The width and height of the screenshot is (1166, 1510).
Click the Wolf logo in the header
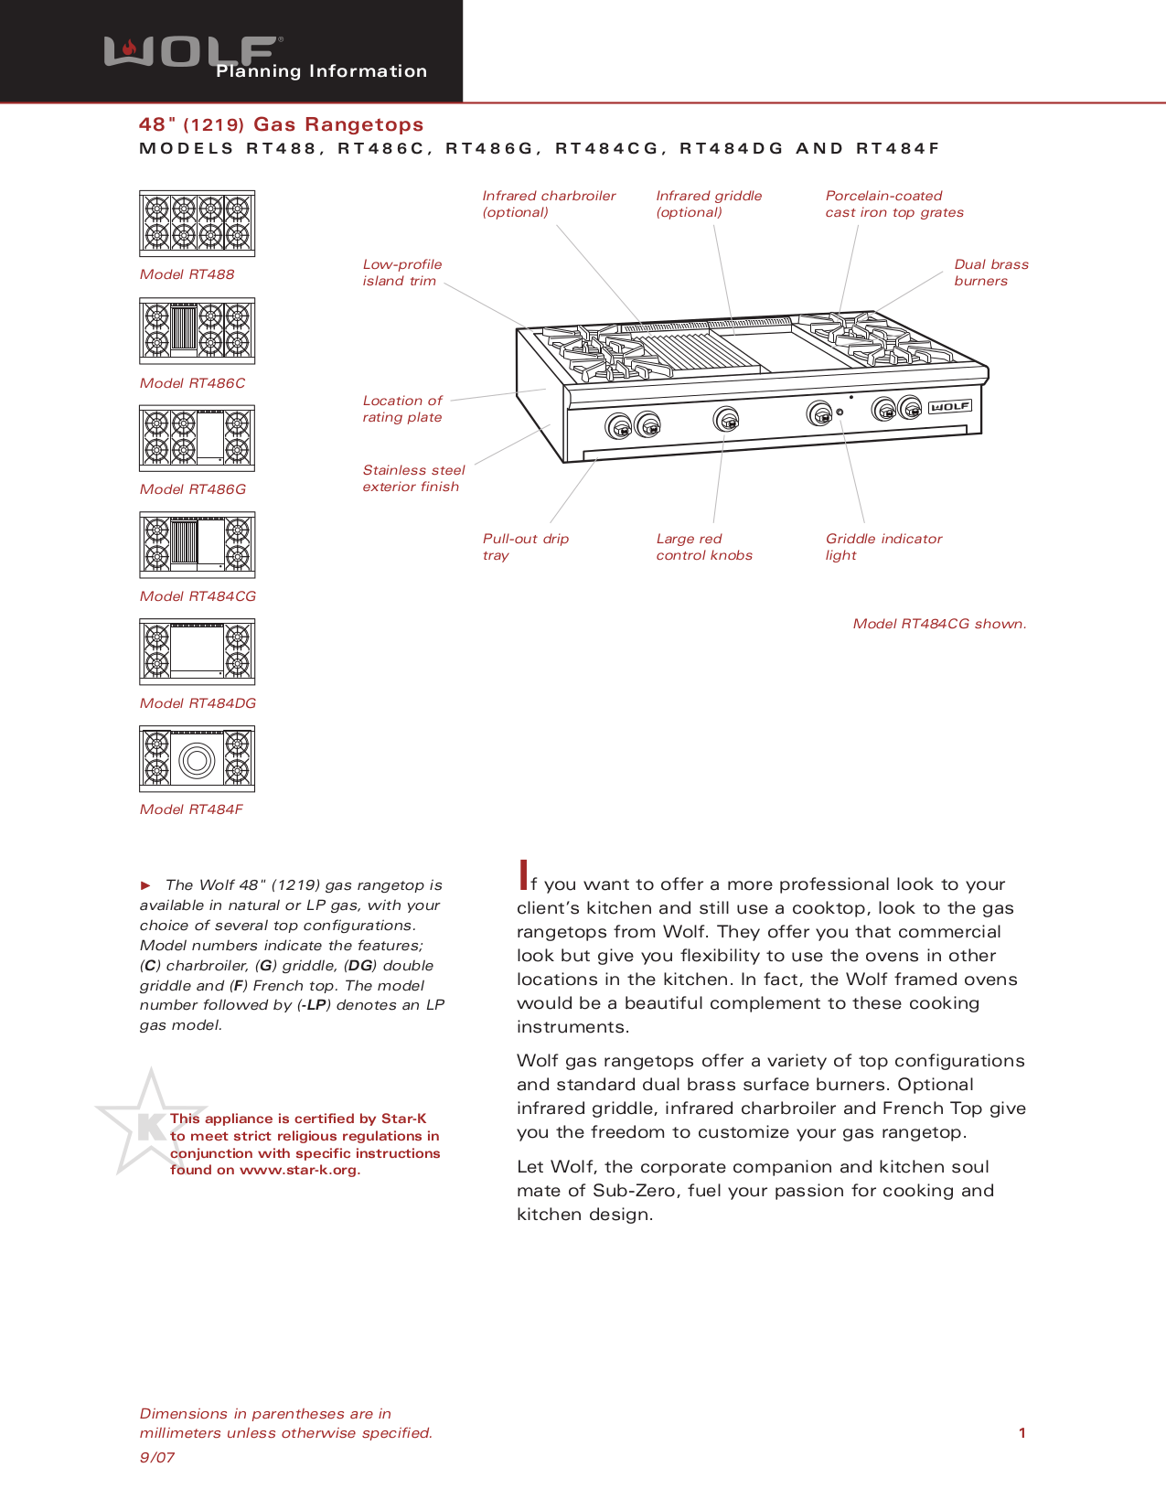192,52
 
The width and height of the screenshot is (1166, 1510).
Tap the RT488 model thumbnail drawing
197,222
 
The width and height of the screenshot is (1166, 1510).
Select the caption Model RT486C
192,383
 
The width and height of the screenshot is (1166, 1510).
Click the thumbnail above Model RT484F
197,758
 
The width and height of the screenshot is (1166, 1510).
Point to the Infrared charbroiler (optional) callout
549,204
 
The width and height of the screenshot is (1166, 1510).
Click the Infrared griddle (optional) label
709,204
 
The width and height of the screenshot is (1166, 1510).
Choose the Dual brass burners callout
990,273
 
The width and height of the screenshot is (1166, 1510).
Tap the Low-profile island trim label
401,273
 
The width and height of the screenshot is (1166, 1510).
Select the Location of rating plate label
402,409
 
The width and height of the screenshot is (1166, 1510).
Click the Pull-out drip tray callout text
525,547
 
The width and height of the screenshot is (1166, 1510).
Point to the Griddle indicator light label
883,547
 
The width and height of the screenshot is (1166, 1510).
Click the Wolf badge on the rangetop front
950,407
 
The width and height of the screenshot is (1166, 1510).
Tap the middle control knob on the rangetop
726,420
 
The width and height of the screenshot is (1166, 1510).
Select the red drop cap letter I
523,875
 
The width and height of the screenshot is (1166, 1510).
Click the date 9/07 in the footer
156,1458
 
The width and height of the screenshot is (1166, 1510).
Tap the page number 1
1022,1433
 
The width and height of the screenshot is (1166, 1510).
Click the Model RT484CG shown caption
939,624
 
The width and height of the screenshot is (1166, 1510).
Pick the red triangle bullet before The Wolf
145,885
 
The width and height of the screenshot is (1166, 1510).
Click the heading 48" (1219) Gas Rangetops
281,124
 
